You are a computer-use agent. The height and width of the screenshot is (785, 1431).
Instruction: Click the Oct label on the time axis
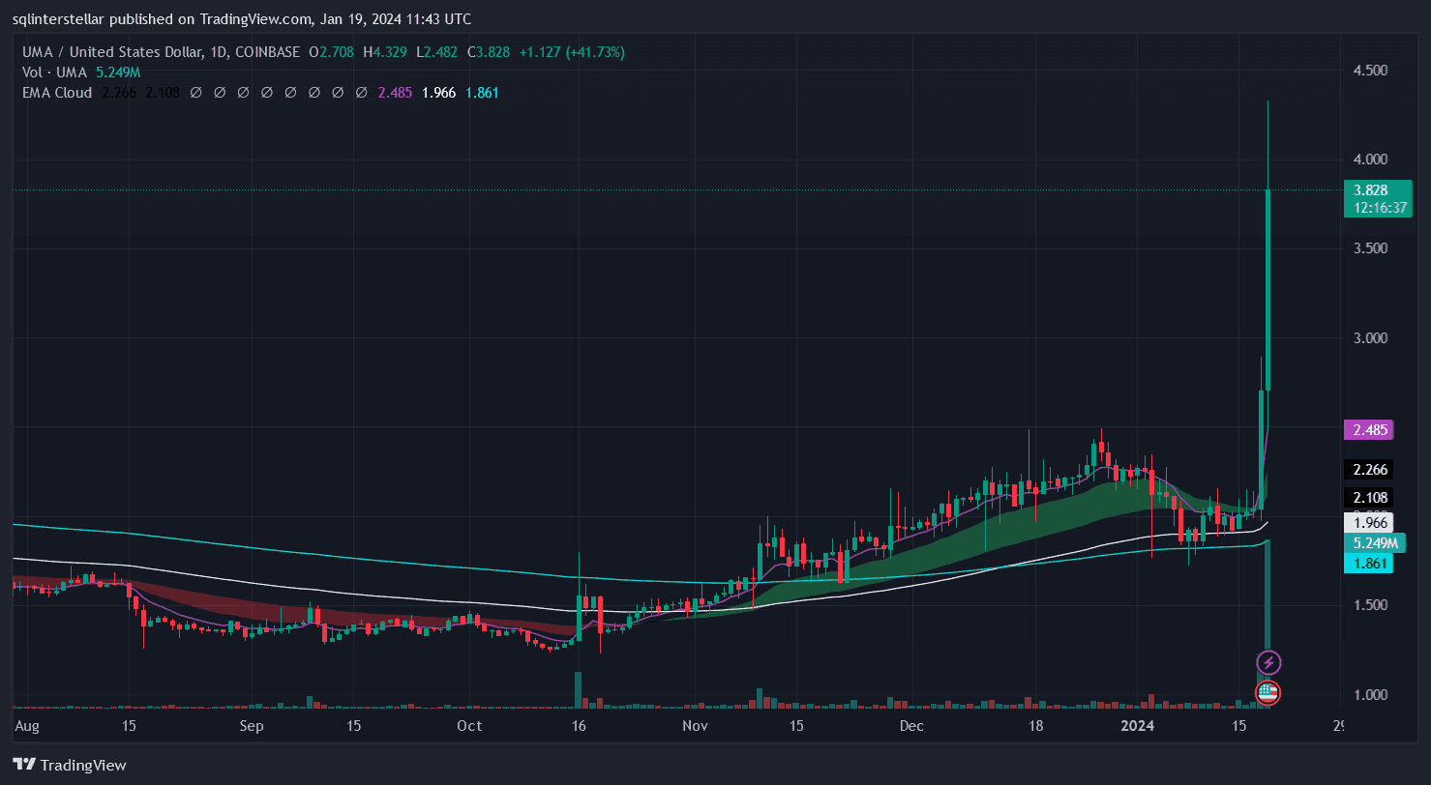point(469,725)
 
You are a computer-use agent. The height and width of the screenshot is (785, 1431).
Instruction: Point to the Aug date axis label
point(27,725)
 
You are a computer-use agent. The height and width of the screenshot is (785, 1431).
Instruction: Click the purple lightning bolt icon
point(1268,662)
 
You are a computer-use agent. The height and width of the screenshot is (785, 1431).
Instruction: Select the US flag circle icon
point(1268,692)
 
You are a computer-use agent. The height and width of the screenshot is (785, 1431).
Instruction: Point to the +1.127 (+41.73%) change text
point(572,52)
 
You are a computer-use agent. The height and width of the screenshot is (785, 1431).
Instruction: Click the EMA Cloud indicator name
point(57,93)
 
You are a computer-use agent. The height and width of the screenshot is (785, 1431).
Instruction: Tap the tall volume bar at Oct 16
point(578,688)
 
